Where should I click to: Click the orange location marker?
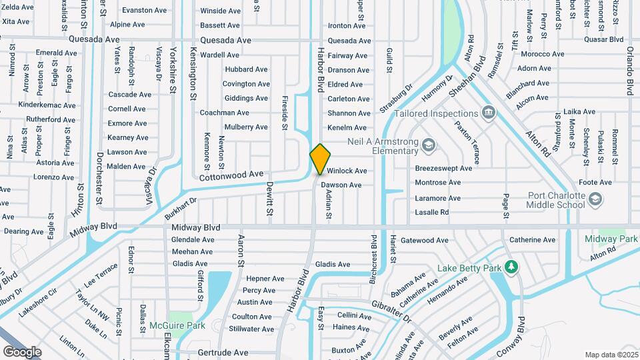[x=320, y=159]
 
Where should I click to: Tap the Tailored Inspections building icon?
[x=489, y=111]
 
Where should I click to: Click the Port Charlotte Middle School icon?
[x=595, y=199]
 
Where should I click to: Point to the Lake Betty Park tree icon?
[x=511, y=267]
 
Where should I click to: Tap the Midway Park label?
[x=611, y=239]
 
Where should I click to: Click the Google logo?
[x=22, y=351]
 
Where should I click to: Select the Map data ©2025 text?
[x=611, y=355]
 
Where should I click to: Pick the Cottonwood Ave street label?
[x=231, y=175]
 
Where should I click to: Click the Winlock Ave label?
[x=347, y=171]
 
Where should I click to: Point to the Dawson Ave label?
[x=341, y=185]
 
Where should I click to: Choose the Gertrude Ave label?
[x=223, y=352]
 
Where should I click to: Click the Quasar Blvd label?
[x=602, y=39]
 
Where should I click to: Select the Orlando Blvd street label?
[x=629, y=71]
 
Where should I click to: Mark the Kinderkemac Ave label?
[x=47, y=105]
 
